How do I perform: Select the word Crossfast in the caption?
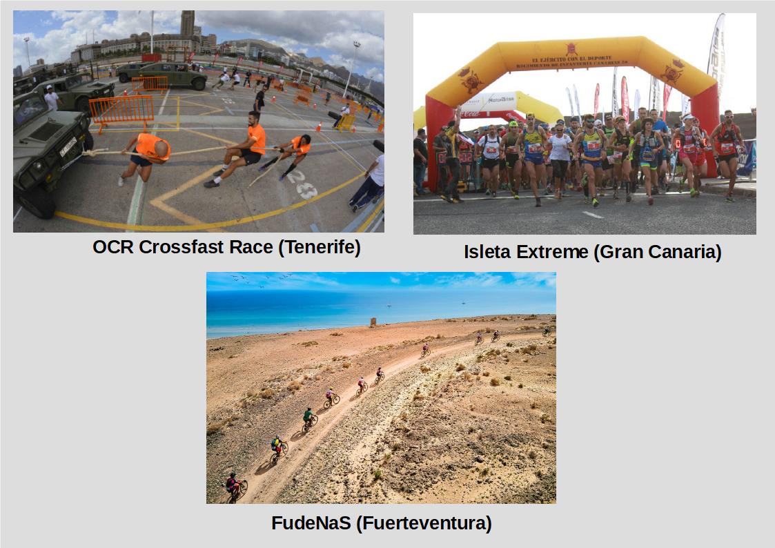pyautogui.click(x=177, y=248)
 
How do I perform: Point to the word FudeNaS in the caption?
pyautogui.click(x=310, y=523)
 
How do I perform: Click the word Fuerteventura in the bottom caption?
pyautogui.click(x=424, y=523)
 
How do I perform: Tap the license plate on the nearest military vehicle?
pyautogui.click(x=68, y=146)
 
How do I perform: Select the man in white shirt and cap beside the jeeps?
pyautogui.click(x=51, y=98)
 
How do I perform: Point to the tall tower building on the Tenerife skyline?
pyautogui.click(x=187, y=23)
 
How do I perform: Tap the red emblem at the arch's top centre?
pyautogui.click(x=571, y=49)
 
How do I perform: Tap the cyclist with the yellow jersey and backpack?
pyautogui.click(x=277, y=446)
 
